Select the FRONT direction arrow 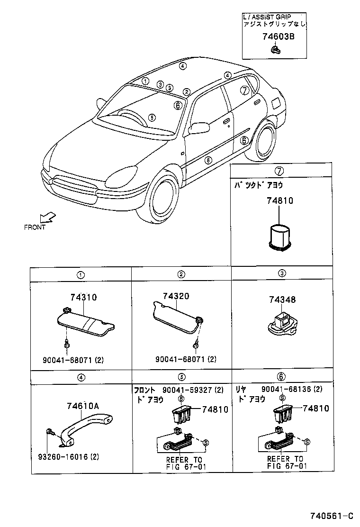[x=48, y=218]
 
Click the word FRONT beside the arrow [x=35, y=227]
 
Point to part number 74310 [x=83, y=297]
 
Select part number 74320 [x=176, y=296]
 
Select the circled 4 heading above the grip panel [x=81, y=377]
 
